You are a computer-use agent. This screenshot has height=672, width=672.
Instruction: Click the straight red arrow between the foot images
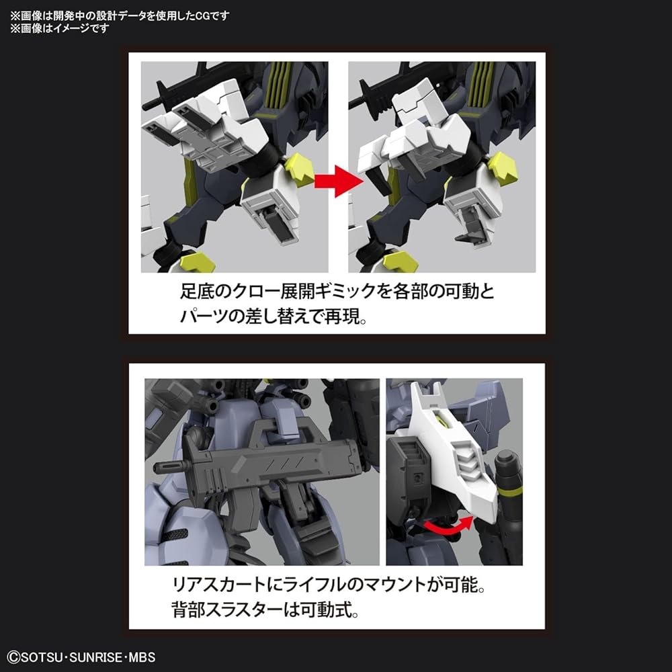tap(337, 179)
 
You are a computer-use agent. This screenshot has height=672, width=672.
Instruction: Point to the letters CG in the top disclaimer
tap(209, 15)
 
